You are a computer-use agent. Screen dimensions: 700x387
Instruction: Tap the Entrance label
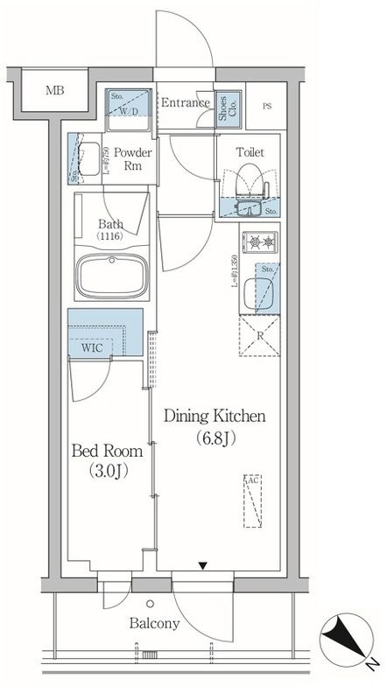185,103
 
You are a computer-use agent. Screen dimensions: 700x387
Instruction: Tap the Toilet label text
249,151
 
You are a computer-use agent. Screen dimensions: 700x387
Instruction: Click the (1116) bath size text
110,237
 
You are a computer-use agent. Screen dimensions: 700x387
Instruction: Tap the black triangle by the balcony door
203,566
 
